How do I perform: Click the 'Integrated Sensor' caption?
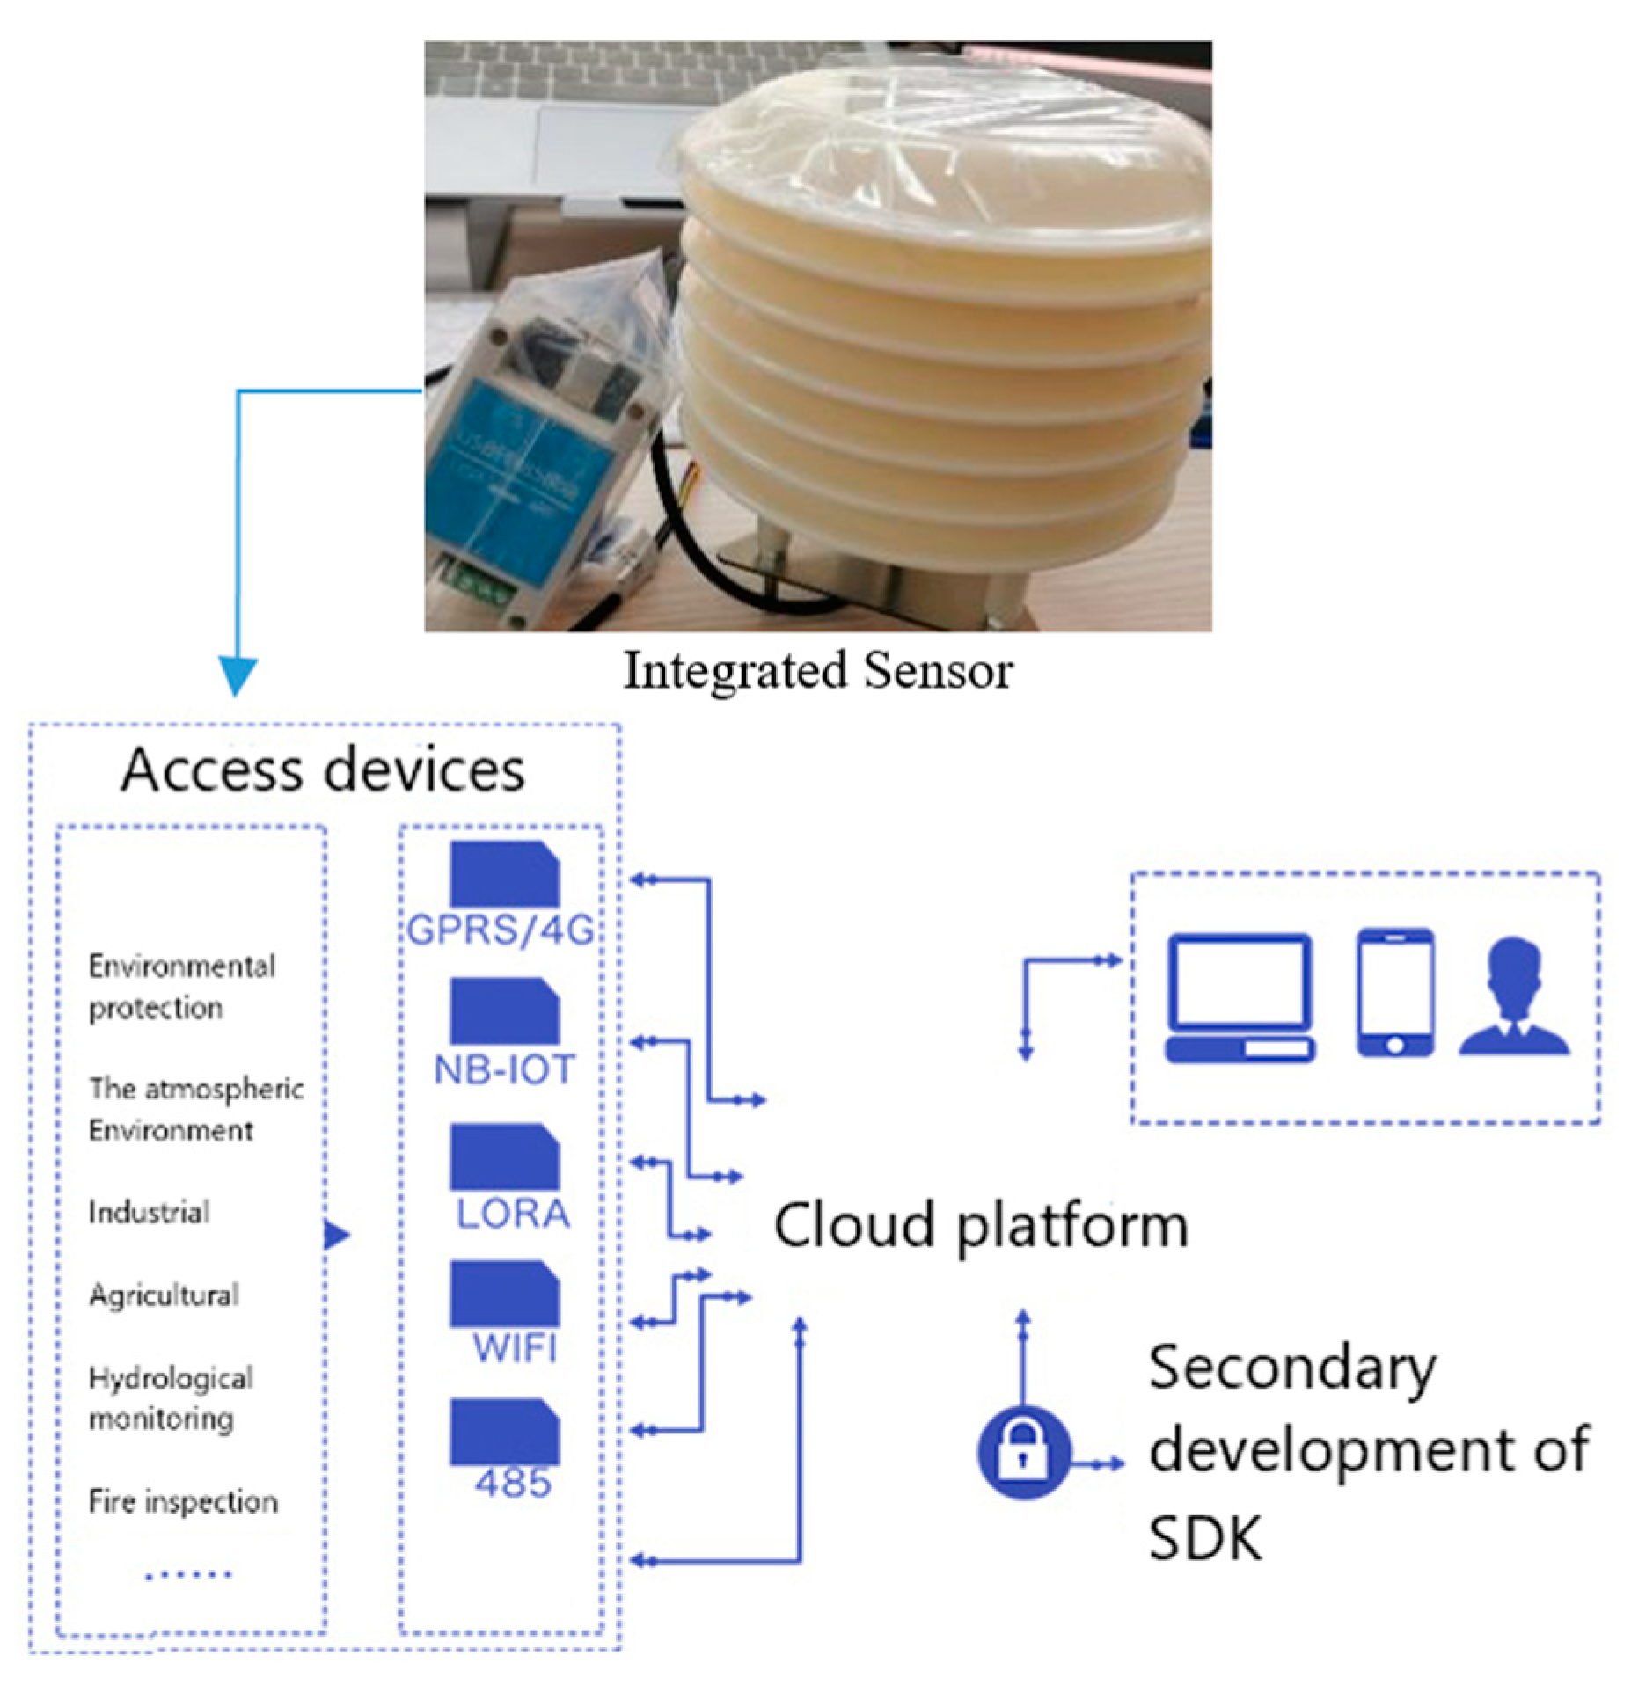pyautogui.click(x=817, y=670)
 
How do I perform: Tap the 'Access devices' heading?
pyautogui.click(x=323, y=770)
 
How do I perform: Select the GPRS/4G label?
pyautogui.click(x=501, y=930)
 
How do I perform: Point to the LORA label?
pyautogui.click(x=513, y=1215)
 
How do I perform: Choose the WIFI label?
pyautogui.click(x=515, y=1347)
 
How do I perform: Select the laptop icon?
pyautogui.click(x=1240, y=998)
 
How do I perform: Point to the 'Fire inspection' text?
pyautogui.click(x=183, y=1501)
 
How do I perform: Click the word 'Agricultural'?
pyautogui.click(x=164, y=1295)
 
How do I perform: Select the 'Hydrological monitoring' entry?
pyautogui.click(x=171, y=1398)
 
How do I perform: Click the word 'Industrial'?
pyautogui.click(x=149, y=1213)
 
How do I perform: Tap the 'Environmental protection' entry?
pyautogui.click(x=181, y=987)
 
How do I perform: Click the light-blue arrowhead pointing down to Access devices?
pyautogui.click(x=237, y=677)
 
